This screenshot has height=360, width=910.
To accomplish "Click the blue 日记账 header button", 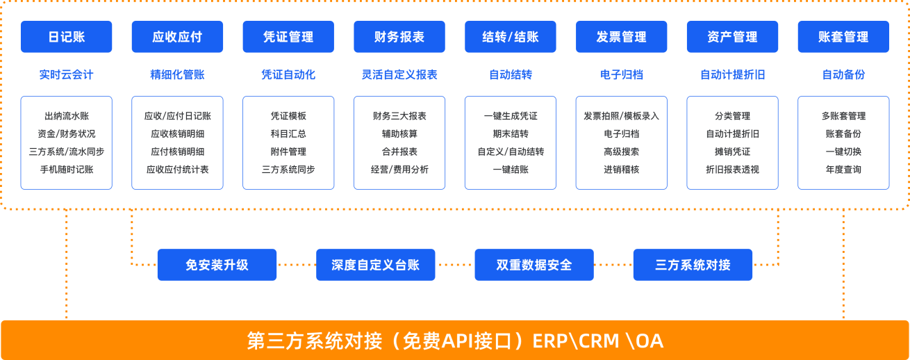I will pos(66,37).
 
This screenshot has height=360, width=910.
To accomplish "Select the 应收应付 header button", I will pos(177,37).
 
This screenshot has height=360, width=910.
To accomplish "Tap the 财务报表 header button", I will pos(399,37).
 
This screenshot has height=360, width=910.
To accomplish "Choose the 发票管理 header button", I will pos(621,37).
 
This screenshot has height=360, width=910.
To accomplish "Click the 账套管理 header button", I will pos(843,37).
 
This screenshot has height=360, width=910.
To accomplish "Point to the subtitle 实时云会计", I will pos(66,74).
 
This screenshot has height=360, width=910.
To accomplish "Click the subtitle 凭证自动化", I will pos(288,74).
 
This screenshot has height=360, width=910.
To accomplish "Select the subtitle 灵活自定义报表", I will pos(399,74).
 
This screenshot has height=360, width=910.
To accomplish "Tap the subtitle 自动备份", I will pos(843,74).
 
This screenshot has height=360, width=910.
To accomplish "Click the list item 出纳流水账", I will pos(66,116).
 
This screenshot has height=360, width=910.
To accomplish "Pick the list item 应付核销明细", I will pos(177,152).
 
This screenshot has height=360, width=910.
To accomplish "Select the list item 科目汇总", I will pos(288,133).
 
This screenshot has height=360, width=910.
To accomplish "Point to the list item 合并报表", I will pos(399,152).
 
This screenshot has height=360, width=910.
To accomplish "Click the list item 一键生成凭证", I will pos(511,116).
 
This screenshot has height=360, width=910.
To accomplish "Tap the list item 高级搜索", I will pos(621,152).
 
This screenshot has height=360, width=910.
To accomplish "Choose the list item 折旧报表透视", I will pos(732,169).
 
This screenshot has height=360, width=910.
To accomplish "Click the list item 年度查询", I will pos(843,169).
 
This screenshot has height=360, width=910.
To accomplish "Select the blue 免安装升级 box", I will pos(217,265).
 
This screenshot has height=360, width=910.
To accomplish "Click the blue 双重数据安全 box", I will pos(534,265).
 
